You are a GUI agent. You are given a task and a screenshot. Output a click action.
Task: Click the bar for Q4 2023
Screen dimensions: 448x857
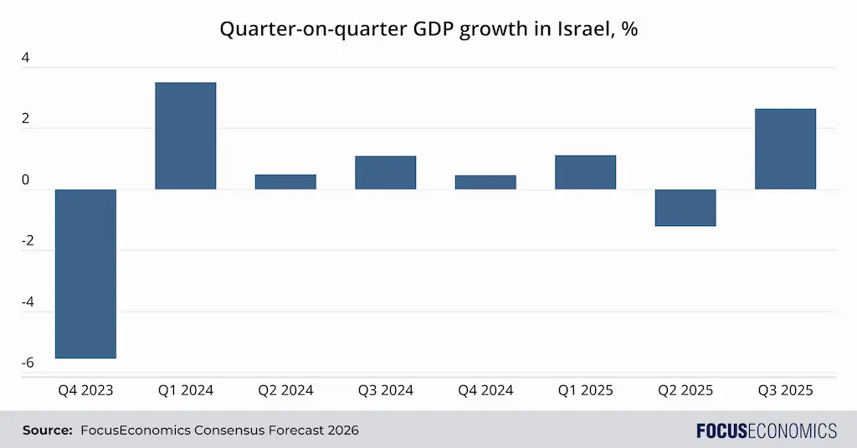[x=85, y=274]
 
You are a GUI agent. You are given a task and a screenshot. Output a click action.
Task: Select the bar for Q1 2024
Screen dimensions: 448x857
[x=185, y=136]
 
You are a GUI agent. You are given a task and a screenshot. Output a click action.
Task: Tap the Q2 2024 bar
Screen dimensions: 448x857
[x=285, y=182]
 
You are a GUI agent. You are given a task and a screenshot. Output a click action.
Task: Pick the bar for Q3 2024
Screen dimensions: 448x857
[x=385, y=173]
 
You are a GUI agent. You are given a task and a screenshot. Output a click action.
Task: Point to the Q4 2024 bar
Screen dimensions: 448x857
[x=485, y=183]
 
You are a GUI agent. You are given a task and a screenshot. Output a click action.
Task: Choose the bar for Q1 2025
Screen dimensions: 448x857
[x=585, y=173]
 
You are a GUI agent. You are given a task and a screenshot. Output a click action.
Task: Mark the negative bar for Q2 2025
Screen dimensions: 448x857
[x=685, y=208]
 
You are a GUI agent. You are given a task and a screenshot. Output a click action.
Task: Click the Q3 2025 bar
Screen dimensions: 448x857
[x=785, y=149]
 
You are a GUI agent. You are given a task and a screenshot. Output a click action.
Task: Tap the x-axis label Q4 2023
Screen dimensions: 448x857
[x=85, y=390]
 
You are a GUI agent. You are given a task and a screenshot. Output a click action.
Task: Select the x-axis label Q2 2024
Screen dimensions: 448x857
[x=285, y=390]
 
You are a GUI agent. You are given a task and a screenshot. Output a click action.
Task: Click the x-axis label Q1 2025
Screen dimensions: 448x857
[x=585, y=390]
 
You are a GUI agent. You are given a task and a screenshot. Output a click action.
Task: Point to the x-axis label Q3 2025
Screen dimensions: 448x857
[x=785, y=390]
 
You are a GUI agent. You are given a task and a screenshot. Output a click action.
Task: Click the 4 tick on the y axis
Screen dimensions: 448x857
[x=25, y=59]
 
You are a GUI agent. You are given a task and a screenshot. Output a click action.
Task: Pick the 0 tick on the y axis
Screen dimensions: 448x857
[x=25, y=181]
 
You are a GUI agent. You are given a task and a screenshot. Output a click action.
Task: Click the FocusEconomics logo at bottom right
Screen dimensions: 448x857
[x=766, y=430]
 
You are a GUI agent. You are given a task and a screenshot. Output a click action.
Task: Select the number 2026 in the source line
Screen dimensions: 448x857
[x=341, y=430]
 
